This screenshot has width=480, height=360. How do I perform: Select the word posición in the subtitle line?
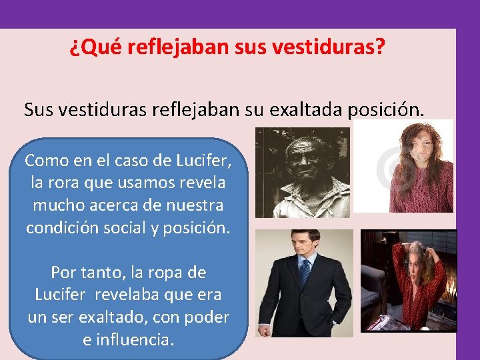click(x=385, y=109)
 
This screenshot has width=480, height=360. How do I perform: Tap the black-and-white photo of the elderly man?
click(x=302, y=172)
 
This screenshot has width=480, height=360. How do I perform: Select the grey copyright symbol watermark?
click(x=386, y=167)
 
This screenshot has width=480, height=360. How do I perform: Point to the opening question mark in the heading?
click(x=73, y=48)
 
